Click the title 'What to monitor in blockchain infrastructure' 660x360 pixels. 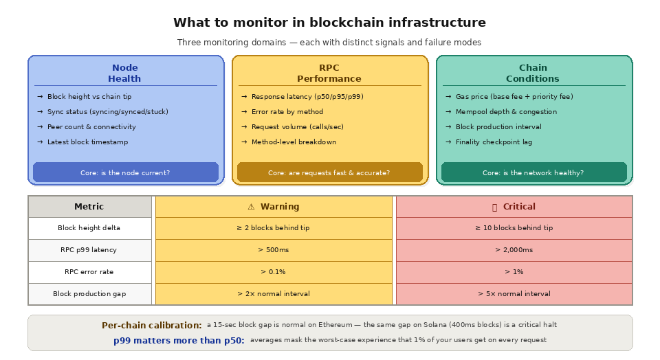click(329, 23)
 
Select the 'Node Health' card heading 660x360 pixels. click(124, 73)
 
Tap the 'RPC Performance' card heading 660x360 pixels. click(329, 73)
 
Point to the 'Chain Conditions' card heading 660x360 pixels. click(533, 73)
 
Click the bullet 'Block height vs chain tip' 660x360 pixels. click(89, 97)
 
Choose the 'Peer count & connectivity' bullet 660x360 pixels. click(91, 127)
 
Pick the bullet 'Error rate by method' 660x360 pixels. click(287, 112)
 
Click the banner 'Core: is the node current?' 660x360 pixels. click(125, 173)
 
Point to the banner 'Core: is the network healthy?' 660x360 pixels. click(533, 173)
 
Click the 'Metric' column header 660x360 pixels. click(89, 207)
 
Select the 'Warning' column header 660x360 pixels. click(274, 207)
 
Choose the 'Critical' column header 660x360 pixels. click(514, 207)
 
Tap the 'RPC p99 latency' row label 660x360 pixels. click(89, 250)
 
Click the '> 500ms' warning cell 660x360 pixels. click(274, 250)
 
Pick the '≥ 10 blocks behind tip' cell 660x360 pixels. click(514, 228)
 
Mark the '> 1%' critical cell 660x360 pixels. click(514, 272)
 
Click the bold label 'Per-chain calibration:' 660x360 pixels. click(151, 326)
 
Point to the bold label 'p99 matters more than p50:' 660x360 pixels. click(179, 340)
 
